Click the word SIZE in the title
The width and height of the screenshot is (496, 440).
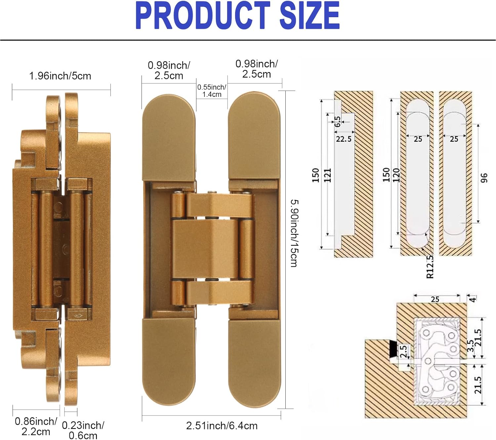click(310, 15)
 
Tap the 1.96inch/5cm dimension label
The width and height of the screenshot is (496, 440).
click(60, 76)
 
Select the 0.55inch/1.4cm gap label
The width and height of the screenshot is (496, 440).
click(212, 91)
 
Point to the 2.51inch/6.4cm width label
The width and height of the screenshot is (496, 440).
click(222, 426)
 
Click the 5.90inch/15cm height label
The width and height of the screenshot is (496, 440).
click(294, 233)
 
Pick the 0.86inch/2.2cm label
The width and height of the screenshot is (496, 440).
click(36, 426)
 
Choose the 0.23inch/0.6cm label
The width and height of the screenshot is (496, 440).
click(83, 430)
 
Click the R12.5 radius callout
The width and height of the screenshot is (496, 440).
click(430, 266)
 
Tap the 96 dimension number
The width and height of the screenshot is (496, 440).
click(484, 178)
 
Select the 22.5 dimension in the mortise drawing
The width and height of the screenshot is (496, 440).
click(344, 139)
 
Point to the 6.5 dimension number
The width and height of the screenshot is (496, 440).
click(337, 121)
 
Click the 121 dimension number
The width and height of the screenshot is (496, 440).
click(327, 175)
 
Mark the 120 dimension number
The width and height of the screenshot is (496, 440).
click(396, 175)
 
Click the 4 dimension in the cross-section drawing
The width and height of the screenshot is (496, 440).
click(473, 299)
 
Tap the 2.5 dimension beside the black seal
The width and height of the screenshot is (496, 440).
click(403, 351)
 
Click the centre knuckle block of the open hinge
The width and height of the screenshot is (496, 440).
click(205, 249)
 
